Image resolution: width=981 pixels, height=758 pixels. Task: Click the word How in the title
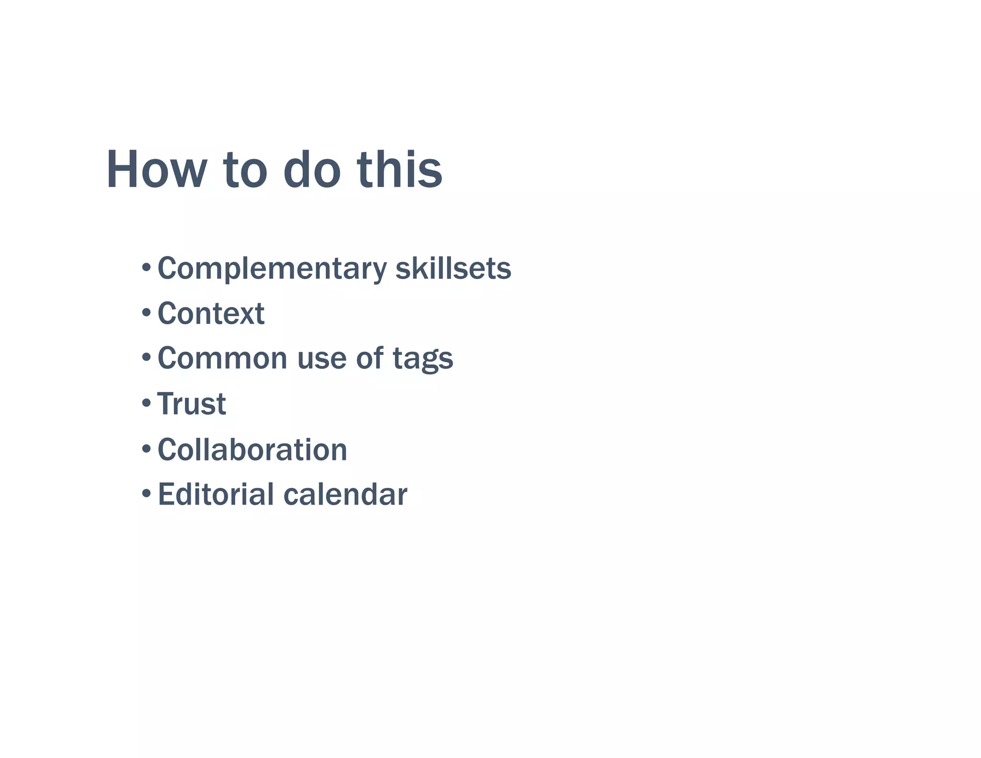[156, 170]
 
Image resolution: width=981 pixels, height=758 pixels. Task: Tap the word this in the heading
[399, 170]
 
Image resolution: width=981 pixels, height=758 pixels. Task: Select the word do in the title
[311, 170]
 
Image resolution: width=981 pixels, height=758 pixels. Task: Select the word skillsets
[453, 268]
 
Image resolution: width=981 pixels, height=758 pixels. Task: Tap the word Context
[211, 314]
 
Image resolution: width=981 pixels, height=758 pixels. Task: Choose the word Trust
[192, 404]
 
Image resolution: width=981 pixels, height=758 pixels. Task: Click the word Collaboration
[252, 450]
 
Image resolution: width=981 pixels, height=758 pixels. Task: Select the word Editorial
[216, 494]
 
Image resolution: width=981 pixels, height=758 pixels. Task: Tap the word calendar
[345, 494]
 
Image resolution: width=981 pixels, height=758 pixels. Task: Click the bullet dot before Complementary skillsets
[147, 267]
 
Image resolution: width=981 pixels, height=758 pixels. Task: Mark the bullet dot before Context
[147, 313]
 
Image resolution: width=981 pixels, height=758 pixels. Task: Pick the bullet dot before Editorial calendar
[147, 494]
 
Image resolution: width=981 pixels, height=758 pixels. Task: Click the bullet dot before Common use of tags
[147, 357]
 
